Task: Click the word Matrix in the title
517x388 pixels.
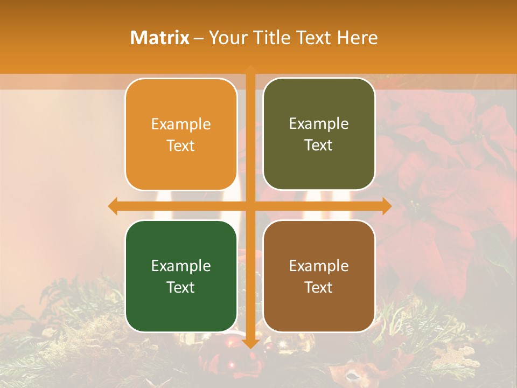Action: click(x=159, y=38)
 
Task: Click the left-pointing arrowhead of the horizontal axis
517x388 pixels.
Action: click(x=112, y=206)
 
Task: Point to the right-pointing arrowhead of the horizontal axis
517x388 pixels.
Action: click(x=387, y=206)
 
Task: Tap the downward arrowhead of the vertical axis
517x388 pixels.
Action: click(x=250, y=343)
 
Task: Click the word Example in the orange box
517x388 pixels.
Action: click(x=181, y=124)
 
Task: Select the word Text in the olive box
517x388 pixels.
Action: click(x=319, y=145)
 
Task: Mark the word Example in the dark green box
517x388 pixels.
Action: click(x=181, y=266)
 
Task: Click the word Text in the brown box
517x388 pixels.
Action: click(x=319, y=287)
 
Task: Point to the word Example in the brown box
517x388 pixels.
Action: click(x=319, y=266)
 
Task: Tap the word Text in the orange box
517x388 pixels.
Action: click(x=181, y=146)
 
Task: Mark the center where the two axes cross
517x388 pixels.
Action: click(x=250, y=206)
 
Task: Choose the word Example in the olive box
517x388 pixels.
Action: click(x=319, y=124)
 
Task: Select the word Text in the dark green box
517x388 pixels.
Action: click(x=181, y=287)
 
